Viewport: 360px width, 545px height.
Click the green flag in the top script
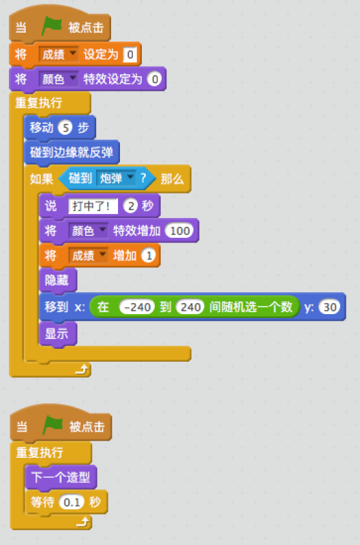click(x=52, y=27)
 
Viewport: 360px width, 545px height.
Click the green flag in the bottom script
click(x=52, y=425)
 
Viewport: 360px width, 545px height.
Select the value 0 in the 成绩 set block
click(x=130, y=54)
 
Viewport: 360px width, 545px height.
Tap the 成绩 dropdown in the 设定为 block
click(x=58, y=54)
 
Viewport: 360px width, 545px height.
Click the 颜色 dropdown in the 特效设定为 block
click(x=58, y=79)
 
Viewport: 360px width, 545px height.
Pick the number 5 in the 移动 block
click(x=65, y=128)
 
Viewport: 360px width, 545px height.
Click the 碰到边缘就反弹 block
click(x=72, y=152)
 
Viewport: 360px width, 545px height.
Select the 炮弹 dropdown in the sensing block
click(x=115, y=178)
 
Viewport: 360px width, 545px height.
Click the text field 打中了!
click(x=93, y=206)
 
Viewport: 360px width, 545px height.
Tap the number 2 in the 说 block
click(x=131, y=206)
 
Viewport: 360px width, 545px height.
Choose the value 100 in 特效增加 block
click(x=179, y=231)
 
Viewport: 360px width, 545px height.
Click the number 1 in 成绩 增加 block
click(x=149, y=255)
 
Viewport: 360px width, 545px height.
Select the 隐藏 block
click(x=58, y=280)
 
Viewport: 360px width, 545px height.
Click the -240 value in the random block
click(x=136, y=307)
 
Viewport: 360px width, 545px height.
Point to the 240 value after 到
click(x=190, y=307)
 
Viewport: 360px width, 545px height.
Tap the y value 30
click(x=329, y=307)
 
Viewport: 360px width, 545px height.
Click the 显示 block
click(x=58, y=334)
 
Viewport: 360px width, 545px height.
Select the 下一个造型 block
click(x=61, y=478)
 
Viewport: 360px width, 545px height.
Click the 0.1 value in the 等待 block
click(x=72, y=502)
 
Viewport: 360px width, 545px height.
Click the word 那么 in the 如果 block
click(x=172, y=179)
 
